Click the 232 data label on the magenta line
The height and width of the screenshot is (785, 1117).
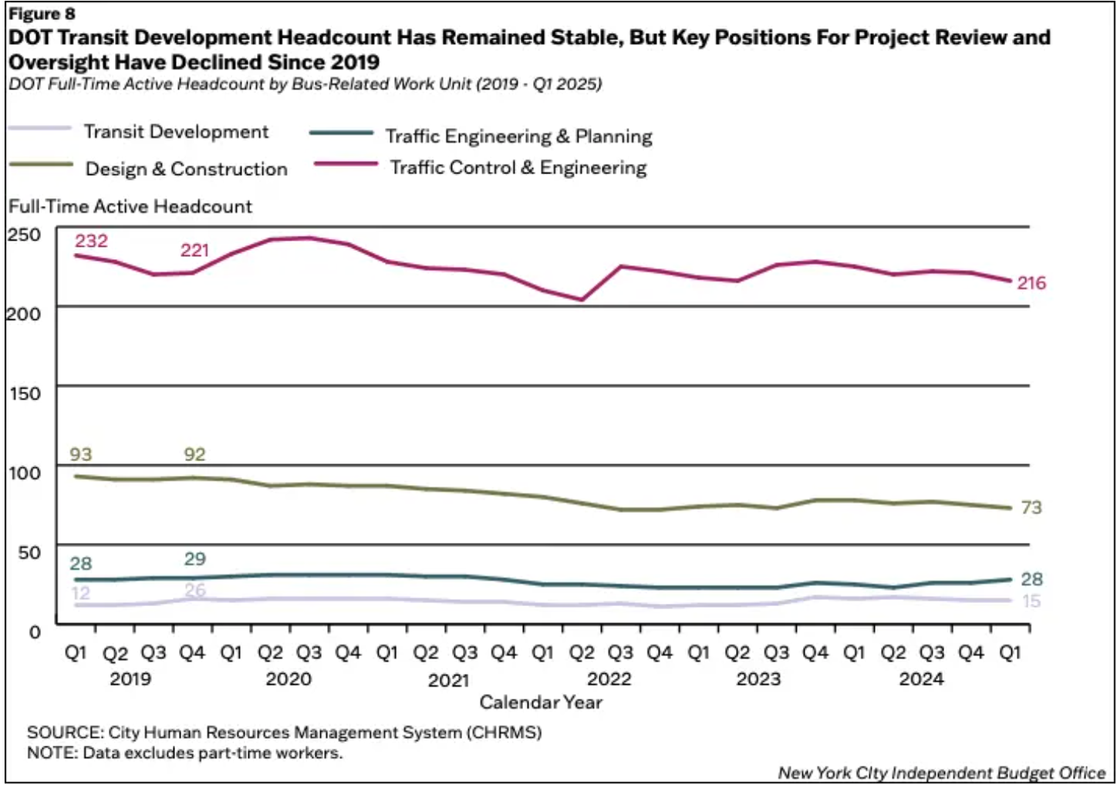click(x=91, y=241)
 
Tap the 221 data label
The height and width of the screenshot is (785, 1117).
click(x=194, y=250)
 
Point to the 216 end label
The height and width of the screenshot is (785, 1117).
click(x=1031, y=283)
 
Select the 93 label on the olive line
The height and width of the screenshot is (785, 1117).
click(x=80, y=454)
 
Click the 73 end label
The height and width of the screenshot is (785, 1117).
click(x=1031, y=507)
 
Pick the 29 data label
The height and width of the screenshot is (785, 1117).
click(x=195, y=559)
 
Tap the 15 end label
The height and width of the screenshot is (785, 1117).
click(x=1031, y=601)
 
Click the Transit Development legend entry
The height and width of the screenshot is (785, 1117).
click(x=176, y=132)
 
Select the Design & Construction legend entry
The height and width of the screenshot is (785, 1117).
click(x=186, y=169)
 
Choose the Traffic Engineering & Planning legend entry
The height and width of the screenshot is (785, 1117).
click(x=518, y=136)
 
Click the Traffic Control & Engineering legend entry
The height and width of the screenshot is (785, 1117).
click(x=518, y=167)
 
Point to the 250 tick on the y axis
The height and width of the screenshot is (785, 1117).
click(x=24, y=234)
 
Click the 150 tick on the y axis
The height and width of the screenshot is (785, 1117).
click(x=24, y=393)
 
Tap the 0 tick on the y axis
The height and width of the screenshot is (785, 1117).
click(x=35, y=632)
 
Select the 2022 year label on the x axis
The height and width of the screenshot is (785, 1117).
click(x=609, y=679)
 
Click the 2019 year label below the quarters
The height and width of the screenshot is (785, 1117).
click(x=130, y=679)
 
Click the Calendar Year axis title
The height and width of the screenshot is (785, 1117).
click(x=540, y=702)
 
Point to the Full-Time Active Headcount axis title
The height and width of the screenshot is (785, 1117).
click(x=130, y=207)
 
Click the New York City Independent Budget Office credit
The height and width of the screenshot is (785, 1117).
click(x=941, y=773)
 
